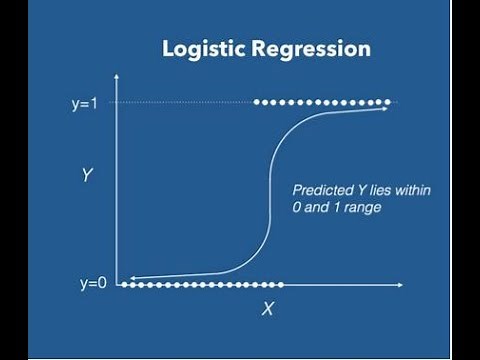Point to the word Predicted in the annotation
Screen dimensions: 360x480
click(x=319, y=189)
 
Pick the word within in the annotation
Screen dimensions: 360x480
click(x=410, y=189)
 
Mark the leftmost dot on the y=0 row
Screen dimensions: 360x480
click(x=125, y=285)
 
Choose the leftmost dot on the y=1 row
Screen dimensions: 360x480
click(x=258, y=102)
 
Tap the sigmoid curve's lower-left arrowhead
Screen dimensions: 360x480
click(x=134, y=279)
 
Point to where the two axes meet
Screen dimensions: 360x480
click(x=119, y=286)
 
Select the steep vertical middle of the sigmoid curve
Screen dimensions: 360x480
click(x=265, y=195)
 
